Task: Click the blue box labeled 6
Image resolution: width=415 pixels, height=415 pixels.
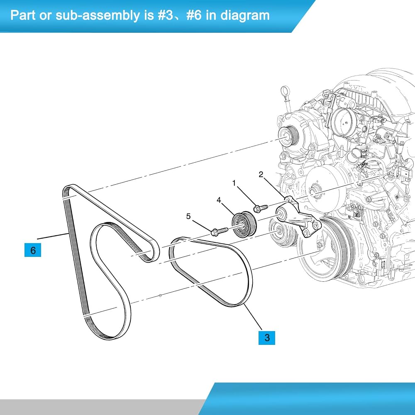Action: pos(33,250)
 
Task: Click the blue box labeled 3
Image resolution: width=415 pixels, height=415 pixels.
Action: pos(267,338)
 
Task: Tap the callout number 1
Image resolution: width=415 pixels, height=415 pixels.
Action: pos(234,183)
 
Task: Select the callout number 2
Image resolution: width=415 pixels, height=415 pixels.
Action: pos(261,174)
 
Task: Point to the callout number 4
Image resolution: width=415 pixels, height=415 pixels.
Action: pos(219,200)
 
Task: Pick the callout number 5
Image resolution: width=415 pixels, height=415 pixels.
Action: pos(188,216)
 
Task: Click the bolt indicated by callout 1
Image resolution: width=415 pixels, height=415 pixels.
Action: pos(261,208)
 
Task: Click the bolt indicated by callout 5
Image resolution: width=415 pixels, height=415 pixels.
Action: pos(220,231)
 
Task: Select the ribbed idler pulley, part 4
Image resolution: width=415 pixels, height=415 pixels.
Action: pos(244,225)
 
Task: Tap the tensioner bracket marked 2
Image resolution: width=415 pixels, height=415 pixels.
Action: pos(299,218)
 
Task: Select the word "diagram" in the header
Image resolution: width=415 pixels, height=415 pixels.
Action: pos(245,15)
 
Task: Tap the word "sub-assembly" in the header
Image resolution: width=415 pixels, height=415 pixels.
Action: pos(97,16)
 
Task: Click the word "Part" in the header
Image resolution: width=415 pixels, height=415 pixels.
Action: pos(22,15)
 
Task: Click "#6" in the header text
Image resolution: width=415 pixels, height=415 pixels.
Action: pos(194,15)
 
